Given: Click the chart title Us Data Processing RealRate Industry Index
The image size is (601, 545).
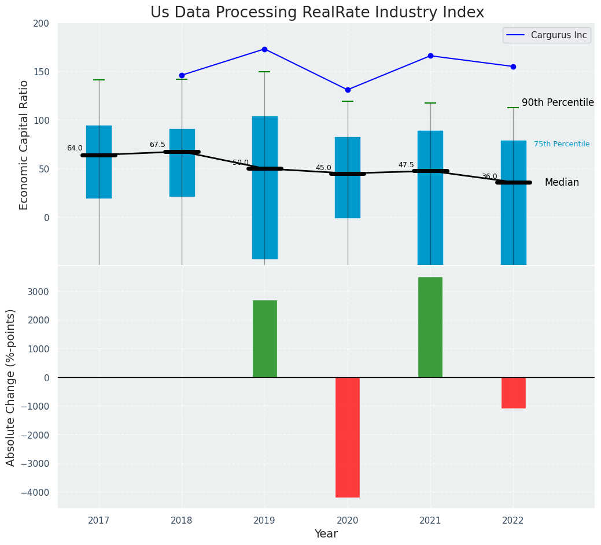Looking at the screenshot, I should (317, 13).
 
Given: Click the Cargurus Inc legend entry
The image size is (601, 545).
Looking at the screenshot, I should (547, 35).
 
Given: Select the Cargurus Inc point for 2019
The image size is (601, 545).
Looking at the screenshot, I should (264, 49).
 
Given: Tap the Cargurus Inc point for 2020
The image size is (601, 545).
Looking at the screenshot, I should (348, 90).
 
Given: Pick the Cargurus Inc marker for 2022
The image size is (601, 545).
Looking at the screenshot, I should (513, 67).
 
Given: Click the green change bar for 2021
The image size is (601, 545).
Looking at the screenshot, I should (430, 327).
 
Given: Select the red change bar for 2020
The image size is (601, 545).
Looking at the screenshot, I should (348, 437).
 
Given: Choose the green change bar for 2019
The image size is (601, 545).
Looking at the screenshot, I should (264, 338).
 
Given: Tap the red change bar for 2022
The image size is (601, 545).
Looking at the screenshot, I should (513, 393).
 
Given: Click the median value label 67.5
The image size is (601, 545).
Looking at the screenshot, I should (157, 145).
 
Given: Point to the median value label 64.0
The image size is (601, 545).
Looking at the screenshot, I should (75, 148).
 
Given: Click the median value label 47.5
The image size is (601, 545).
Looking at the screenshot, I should (406, 165).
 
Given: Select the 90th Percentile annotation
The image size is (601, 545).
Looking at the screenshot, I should (558, 102).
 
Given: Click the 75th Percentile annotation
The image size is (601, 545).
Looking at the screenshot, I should (562, 144).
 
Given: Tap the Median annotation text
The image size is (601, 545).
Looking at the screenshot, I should (562, 182).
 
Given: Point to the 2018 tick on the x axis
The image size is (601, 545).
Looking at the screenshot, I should (182, 521).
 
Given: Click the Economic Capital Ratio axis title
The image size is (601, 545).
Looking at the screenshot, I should (24, 145).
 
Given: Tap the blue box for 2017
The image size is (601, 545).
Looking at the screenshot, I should (99, 162).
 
